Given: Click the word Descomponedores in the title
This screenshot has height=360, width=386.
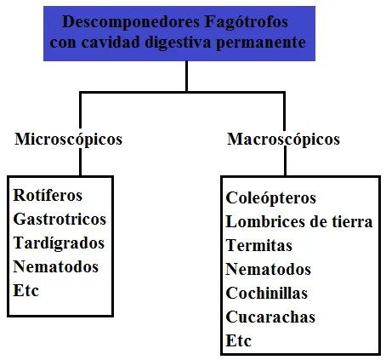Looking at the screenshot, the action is [131, 22].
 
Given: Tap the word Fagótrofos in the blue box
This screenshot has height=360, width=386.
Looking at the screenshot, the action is [246, 22].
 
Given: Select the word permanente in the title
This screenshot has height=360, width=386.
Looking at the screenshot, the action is [261, 43].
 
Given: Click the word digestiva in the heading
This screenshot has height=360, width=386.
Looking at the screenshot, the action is [178, 43].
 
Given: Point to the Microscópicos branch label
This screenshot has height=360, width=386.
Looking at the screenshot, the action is [69, 140].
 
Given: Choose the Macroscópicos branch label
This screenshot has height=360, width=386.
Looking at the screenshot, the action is [283, 140].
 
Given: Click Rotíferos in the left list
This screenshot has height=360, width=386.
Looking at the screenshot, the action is [48, 195].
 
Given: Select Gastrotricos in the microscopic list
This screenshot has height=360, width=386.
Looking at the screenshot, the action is [60, 219].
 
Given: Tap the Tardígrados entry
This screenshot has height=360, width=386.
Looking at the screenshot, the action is [59, 243].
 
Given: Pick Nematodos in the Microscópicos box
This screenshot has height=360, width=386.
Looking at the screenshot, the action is [56, 267].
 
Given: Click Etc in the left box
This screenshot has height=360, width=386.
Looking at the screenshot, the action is [26, 291].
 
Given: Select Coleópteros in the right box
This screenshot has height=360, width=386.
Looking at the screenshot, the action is [270, 198].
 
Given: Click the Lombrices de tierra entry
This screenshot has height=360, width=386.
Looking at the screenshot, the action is [299, 221].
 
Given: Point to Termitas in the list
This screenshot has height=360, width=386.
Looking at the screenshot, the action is [258, 245].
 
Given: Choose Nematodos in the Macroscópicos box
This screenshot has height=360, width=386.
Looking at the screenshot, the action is [269, 269].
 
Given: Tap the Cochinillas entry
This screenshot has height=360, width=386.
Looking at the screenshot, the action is [267, 293].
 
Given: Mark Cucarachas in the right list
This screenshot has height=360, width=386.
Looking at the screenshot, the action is [270, 317].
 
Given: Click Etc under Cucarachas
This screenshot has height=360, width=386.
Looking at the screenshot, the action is [238, 340].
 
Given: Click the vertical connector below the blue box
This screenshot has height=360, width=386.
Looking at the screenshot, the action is [186, 76].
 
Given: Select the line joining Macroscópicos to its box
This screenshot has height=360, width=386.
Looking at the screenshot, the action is [285, 161].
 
